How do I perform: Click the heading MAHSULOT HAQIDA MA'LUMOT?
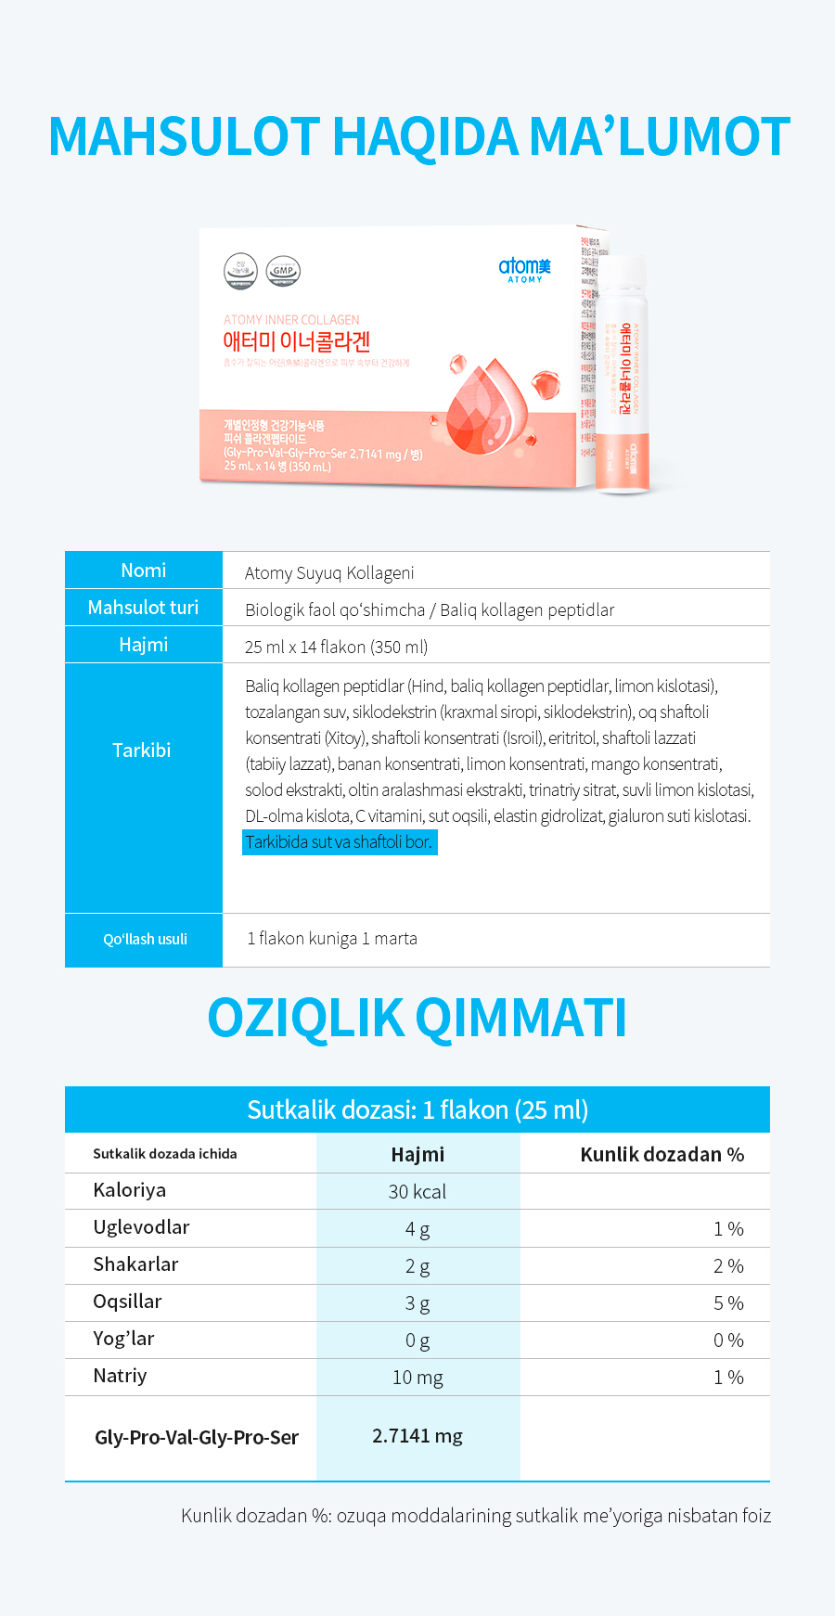pyautogui.click(x=418, y=136)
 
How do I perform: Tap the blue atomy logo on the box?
pyautogui.click(x=524, y=268)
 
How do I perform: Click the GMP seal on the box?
pyautogui.click(x=283, y=271)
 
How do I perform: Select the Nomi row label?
pyautogui.click(x=144, y=571)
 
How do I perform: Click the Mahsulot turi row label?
pyautogui.click(x=144, y=608)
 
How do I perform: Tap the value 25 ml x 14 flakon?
pyautogui.click(x=336, y=647)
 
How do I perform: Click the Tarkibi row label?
pyautogui.click(x=142, y=750)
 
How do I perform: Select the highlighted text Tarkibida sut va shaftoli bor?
pyautogui.click(x=339, y=842)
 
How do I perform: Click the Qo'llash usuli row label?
pyautogui.click(x=145, y=939)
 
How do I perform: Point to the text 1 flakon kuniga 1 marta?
pyautogui.click(x=332, y=939)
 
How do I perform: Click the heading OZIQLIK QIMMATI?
pyautogui.click(x=417, y=1018)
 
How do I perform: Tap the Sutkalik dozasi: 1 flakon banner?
pyautogui.click(x=417, y=1109)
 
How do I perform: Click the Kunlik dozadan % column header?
pyautogui.click(x=662, y=1155)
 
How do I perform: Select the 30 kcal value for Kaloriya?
pyautogui.click(x=417, y=1192)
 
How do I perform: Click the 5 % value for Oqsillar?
pyautogui.click(x=728, y=1303)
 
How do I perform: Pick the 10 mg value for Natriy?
pyautogui.click(x=417, y=1378)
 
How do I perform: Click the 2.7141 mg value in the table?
pyautogui.click(x=417, y=1436)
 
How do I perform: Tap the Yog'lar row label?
pyautogui.click(x=123, y=1339)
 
